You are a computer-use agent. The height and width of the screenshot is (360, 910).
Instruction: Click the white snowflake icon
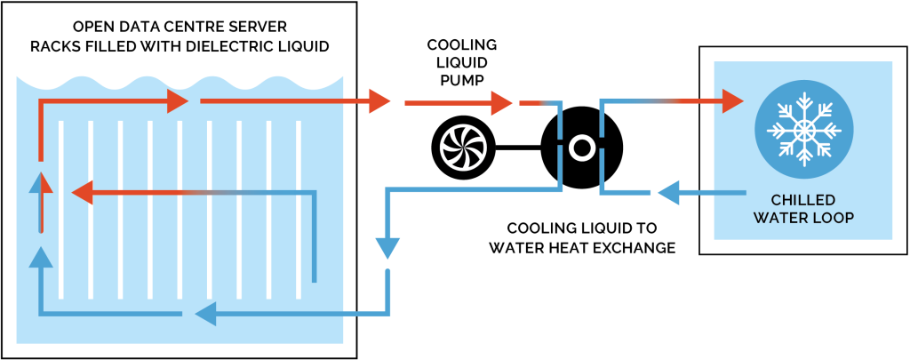(803, 130)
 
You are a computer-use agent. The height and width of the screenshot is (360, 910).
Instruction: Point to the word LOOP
(833, 218)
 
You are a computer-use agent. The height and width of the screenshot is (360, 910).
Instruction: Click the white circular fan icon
(463, 148)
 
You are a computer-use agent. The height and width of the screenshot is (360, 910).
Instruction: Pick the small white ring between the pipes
(581, 148)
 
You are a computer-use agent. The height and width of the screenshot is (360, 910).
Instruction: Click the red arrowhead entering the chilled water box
(732, 101)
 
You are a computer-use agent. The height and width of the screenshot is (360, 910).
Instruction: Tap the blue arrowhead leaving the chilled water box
(667, 191)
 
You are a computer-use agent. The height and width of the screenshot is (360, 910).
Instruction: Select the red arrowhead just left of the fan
(379, 101)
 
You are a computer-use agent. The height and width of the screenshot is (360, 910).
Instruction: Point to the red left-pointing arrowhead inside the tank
(82, 191)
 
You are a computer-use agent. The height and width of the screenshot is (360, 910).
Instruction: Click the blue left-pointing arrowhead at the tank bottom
(205, 313)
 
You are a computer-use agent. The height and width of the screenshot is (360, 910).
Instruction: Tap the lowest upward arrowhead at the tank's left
(40, 258)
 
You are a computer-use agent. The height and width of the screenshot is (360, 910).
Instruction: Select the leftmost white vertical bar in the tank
(60, 209)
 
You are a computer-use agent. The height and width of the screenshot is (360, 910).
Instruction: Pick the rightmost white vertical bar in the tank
(299, 209)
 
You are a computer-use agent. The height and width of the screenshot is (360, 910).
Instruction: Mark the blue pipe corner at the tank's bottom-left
(41, 313)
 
